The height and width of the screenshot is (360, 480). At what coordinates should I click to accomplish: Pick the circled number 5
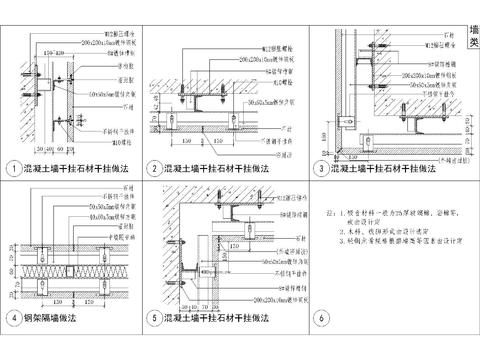[x=155, y=318]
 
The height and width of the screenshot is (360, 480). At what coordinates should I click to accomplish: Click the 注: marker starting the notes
[x=331, y=213]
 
